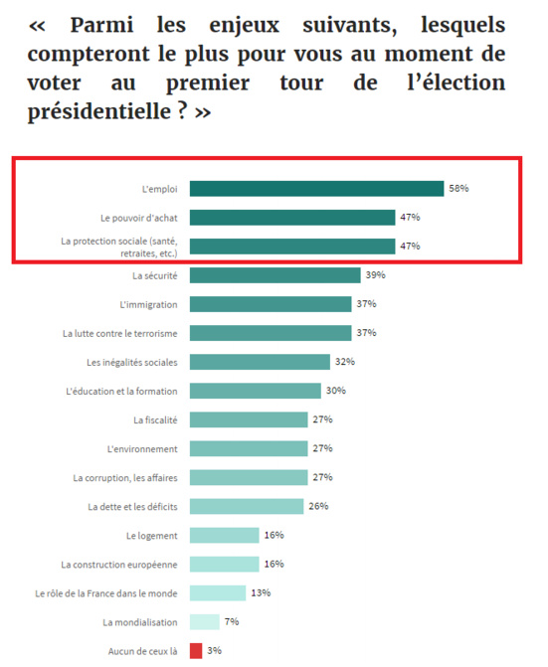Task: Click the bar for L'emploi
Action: coord(316,189)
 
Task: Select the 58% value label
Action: coord(458,189)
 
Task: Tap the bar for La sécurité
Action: coord(274,275)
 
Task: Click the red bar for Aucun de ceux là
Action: coord(196,651)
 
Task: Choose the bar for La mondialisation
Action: coord(204,622)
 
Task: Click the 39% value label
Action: coord(375,275)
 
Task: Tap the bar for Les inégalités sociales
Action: coord(260,362)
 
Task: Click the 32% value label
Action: coord(345,362)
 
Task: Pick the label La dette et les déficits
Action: coord(132,507)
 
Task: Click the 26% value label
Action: coord(318,506)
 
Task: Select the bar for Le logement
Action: coord(224,536)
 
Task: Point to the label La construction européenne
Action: coord(119,565)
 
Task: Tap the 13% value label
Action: coord(262,593)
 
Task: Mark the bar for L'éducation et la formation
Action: coord(255,391)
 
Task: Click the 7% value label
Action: coord(232,622)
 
